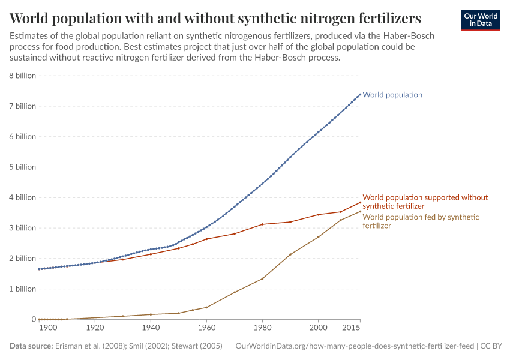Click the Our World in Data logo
click(x=480, y=19)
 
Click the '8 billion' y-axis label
click(x=22, y=76)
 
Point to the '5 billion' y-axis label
click(x=22, y=167)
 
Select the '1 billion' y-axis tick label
click(x=22, y=289)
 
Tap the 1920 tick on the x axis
click(x=95, y=328)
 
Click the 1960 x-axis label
click(x=206, y=328)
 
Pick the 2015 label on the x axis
click(x=352, y=328)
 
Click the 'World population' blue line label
click(x=392, y=95)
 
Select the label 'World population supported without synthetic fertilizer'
click(x=425, y=202)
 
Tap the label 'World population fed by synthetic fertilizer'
click(x=421, y=221)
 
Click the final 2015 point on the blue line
click(x=360, y=94)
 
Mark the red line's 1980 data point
click(x=262, y=224)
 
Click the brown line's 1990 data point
click(x=290, y=254)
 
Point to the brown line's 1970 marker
click(x=235, y=292)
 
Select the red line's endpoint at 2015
click(x=360, y=202)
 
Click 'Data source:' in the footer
click(x=31, y=346)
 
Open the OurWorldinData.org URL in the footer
click(x=354, y=346)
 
